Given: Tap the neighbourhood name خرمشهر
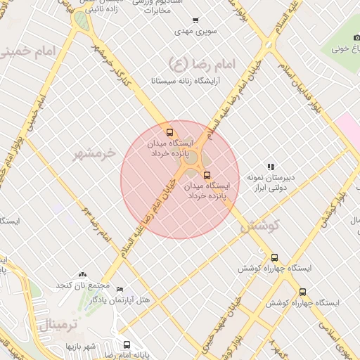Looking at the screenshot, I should pyautogui.click(x=98, y=153).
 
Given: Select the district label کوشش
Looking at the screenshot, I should pyautogui.click(x=259, y=226).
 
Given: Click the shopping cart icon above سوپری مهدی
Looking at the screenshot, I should pyautogui.click(x=195, y=20).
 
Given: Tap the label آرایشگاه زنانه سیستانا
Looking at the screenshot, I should pyautogui.click(x=186, y=81).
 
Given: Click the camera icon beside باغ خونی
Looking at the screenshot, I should pyautogui.click(x=356, y=37).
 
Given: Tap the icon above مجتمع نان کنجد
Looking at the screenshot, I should pyautogui.click(x=84, y=274).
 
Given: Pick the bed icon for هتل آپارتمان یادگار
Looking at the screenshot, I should pyautogui.click(x=120, y=290).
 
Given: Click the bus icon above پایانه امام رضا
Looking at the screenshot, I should pyautogui.click(x=127, y=345).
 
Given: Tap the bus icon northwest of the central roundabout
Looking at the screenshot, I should pyautogui.click(x=169, y=132).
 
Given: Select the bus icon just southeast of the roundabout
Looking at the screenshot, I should pyautogui.click(x=206, y=175).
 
